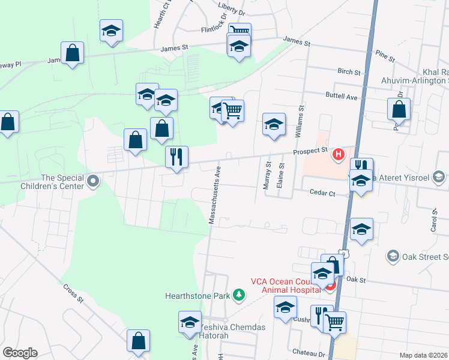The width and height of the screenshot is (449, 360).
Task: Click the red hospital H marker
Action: pos(339,155)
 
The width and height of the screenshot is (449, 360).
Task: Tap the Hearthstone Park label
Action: pos(199,295)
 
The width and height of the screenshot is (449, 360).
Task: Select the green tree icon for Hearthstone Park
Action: pos(240,295)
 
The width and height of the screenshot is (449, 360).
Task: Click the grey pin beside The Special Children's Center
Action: pos(93,181)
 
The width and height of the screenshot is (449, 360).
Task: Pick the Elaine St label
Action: pos(280,175)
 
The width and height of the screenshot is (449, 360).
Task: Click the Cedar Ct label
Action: pos(321,193)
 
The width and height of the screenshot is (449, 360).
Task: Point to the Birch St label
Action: pos(349,71)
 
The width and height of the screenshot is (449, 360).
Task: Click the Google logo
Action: pos(20,353)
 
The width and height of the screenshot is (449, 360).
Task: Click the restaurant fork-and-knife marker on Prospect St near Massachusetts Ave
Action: pos(176,157)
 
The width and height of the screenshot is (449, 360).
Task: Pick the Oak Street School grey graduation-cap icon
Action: pos(393,256)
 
